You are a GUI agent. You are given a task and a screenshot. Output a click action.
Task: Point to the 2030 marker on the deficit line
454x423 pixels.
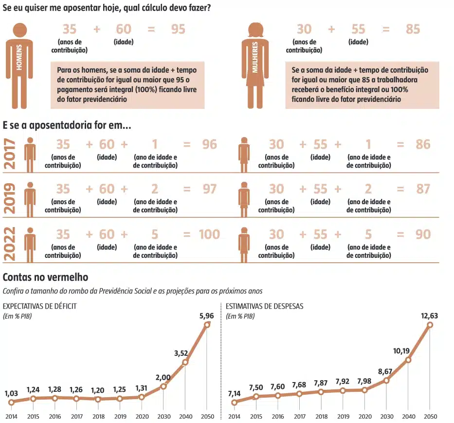(163, 386)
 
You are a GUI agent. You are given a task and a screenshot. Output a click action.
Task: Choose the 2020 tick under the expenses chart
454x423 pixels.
(365, 417)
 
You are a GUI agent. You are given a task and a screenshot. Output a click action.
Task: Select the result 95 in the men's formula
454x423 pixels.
(178, 29)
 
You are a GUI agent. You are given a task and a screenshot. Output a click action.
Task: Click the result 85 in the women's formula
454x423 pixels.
(413, 29)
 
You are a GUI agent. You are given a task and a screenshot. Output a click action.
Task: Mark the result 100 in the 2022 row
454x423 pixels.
(209, 234)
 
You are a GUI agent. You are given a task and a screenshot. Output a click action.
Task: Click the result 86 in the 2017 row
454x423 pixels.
(423, 144)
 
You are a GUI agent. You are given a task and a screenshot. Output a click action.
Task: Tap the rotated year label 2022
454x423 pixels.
(10, 243)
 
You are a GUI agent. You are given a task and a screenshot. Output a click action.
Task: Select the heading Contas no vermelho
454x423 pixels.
(45, 277)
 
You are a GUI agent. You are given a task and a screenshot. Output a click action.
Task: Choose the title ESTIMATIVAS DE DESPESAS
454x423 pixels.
(265, 306)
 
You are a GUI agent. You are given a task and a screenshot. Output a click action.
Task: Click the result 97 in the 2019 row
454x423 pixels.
(209, 189)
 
